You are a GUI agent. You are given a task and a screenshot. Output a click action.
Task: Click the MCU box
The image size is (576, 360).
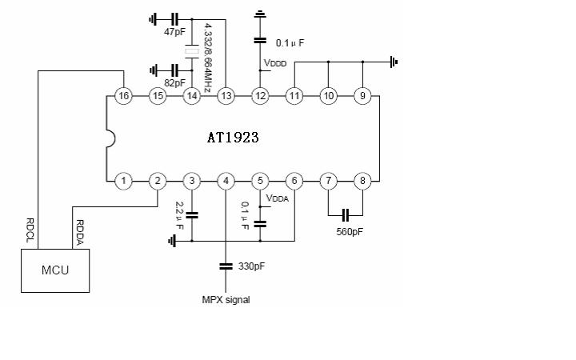[x=55, y=270]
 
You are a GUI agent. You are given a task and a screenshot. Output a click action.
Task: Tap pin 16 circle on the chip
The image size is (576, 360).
[x=123, y=96]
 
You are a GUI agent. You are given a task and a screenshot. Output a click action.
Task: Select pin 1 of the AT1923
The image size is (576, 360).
[x=123, y=181]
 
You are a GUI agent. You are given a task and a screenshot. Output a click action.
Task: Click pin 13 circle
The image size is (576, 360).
[x=226, y=96]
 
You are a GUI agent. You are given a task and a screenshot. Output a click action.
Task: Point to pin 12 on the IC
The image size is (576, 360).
[x=260, y=96]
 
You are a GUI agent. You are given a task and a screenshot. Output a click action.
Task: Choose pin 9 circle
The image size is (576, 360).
[x=362, y=96]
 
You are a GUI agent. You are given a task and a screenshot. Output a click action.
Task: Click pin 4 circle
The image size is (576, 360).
[x=226, y=181]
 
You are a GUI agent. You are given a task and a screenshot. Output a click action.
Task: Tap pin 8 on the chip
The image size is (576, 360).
[x=362, y=181]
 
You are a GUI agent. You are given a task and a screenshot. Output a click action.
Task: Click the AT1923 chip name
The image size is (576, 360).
[x=233, y=138]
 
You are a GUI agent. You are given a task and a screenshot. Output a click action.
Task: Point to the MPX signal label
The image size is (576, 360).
[x=226, y=300]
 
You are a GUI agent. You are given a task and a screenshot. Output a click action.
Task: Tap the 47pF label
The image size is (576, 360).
[x=174, y=31]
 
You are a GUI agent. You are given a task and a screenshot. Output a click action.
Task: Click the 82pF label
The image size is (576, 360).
[x=174, y=82]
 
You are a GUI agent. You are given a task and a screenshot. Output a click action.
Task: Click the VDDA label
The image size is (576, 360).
[x=277, y=198]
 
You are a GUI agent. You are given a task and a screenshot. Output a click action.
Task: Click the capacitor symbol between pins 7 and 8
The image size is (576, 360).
[x=346, y=215]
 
